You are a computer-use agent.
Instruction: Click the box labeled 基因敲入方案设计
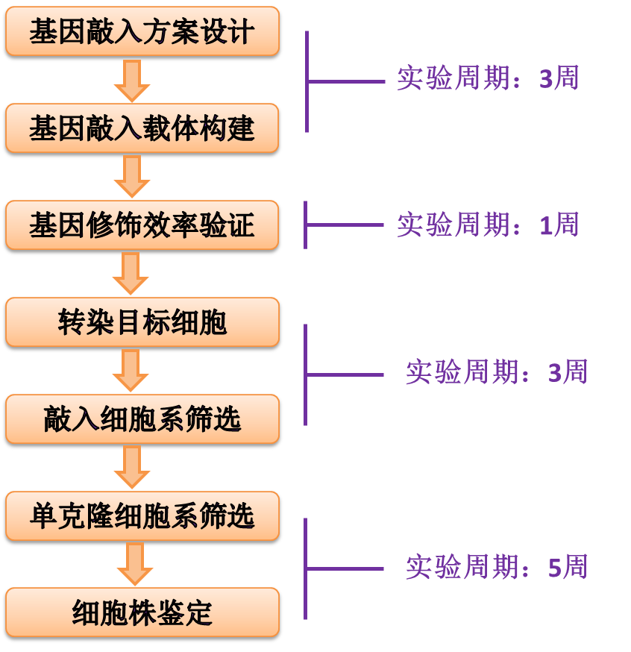(x=142, y=32)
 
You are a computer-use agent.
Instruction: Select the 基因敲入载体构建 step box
(x=142, y=128)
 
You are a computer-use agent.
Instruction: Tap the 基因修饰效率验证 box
(x=142, y=225)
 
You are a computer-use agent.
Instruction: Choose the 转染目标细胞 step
(x=142, y=322)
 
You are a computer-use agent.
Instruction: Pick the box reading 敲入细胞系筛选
(x=142, y=419)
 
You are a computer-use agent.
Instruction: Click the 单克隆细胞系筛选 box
(x=142, y=516)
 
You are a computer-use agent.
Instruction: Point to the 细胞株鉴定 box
(x=142, y=613)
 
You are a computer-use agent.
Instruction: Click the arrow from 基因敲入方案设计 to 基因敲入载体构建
(x=132, y=81)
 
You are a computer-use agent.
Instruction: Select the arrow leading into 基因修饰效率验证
(x=132, y=177)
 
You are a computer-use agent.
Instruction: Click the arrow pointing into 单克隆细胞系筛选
(x=132, y=468)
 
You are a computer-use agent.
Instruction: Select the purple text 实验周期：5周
(x=496, y=568)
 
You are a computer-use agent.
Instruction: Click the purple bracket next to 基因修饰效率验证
(x=307, y=225)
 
